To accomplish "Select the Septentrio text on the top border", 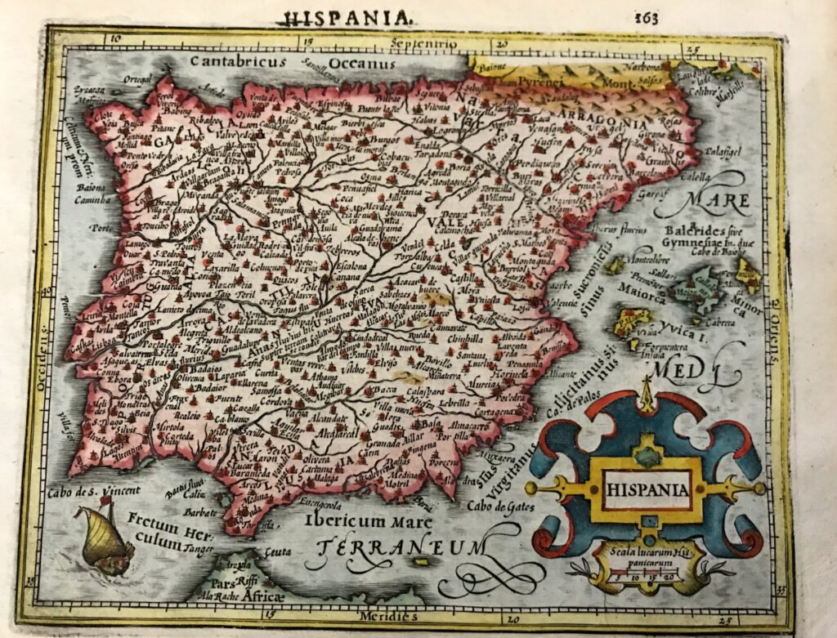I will [x=420, y=42].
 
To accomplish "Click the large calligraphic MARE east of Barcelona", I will [x=718, y=199].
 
